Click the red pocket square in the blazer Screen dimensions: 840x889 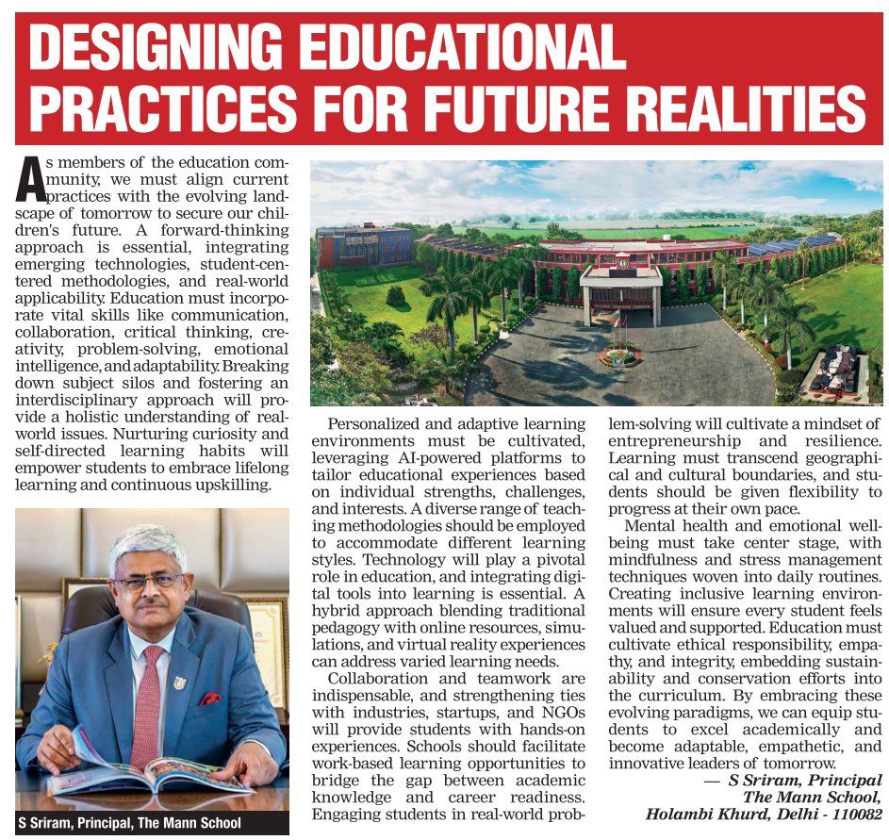click(x=210, y=699)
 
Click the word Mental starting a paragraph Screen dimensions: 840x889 click(x=654, y=525)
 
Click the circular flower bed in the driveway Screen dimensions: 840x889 click(x=619, y=356)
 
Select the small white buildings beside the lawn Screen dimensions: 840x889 click(x=835, y=371)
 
